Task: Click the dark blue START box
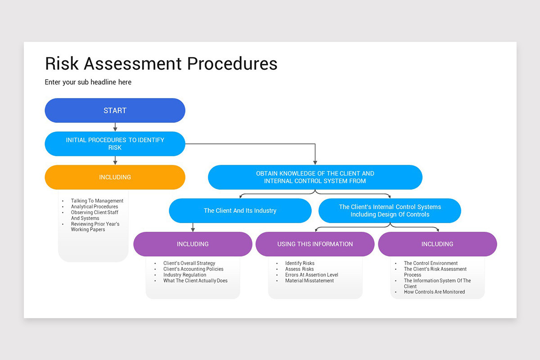[x=115, y=110]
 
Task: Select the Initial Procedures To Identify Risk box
[x=115, y=144]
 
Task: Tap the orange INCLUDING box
[x=115, y=177]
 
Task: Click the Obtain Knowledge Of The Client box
[x=315, y=177]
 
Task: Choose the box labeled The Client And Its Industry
[x=240, y=211]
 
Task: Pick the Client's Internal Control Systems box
[x=390, y=211]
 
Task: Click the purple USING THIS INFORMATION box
[x=315, y=244]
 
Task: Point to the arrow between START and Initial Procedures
[x=115, y=127]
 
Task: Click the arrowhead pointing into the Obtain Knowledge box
[x=315, y=162]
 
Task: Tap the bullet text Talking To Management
[x=97, y=201]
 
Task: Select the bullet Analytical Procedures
[x=94, y=207]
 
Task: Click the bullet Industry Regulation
[x=184, y=275]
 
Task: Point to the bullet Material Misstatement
[x=309, y=281]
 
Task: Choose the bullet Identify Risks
[x=300, y=263]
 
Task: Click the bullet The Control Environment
[x=431, y=263]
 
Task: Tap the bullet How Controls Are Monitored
[x=434, y=292]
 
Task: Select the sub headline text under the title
[x=88, y=82]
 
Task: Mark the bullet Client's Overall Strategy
[x=189, y=263]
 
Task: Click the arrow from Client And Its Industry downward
[x=193, y=227]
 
